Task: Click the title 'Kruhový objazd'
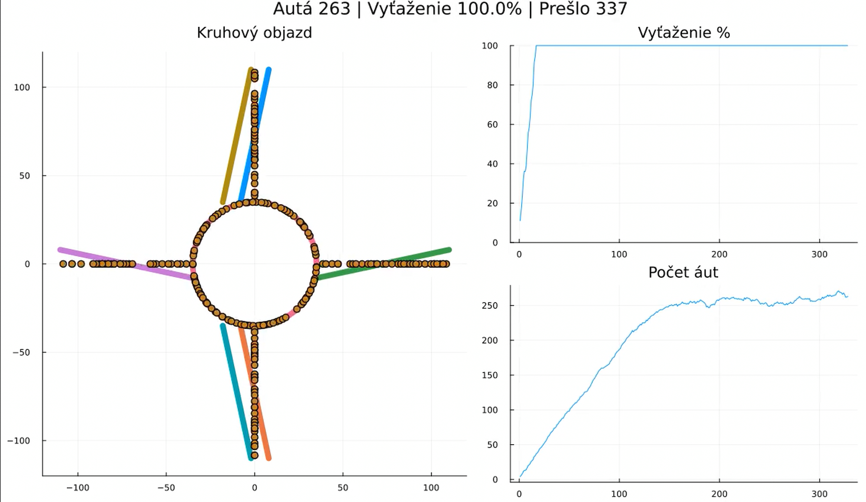tap(254, 33)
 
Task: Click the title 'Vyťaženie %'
tap(683, 33)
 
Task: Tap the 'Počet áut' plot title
tap(683, 272)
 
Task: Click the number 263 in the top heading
tap(334, 9)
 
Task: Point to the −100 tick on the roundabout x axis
tap(78, 488)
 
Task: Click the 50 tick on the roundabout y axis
tap(25, 176)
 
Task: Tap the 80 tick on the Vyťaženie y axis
tap(492, 85)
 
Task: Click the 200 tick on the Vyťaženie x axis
tap(719, 254)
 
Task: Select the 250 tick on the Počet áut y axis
tap(489, 306)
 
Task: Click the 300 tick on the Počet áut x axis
tap(819, 494)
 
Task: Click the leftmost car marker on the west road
tap(63, 264)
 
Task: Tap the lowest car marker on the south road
tap(254, 455)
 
